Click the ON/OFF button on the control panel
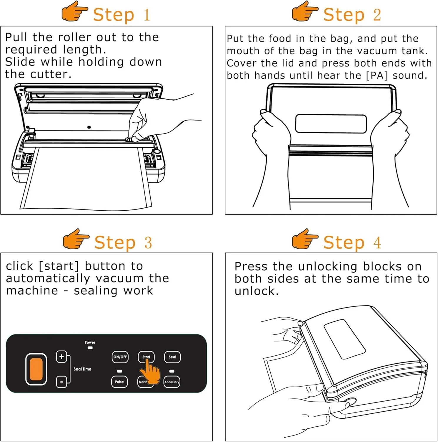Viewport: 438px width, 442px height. click(120, 357)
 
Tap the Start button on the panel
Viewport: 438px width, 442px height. click(146, 357)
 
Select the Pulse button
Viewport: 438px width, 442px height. click(119, 382)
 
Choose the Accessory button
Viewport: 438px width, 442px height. click(172, 382)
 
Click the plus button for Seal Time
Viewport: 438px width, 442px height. click(61, 357)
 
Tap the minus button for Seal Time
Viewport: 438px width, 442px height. click(61, 382)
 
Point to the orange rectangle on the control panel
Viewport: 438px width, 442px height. click(36, 369)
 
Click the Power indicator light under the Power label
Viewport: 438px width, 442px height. click(90, 348)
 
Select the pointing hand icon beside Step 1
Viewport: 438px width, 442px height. click(74, 11)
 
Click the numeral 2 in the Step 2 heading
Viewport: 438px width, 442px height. click(377, 15)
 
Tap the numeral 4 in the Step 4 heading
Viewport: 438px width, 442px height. click(377, 243)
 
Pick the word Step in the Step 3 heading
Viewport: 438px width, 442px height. click(115, 243)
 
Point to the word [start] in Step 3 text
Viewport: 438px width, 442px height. click(59, 266)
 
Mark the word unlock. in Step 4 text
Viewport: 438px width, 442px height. click(257, 291)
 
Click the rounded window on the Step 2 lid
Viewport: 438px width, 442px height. click(331, 124)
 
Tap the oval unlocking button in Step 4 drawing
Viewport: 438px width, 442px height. click(350, 402)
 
